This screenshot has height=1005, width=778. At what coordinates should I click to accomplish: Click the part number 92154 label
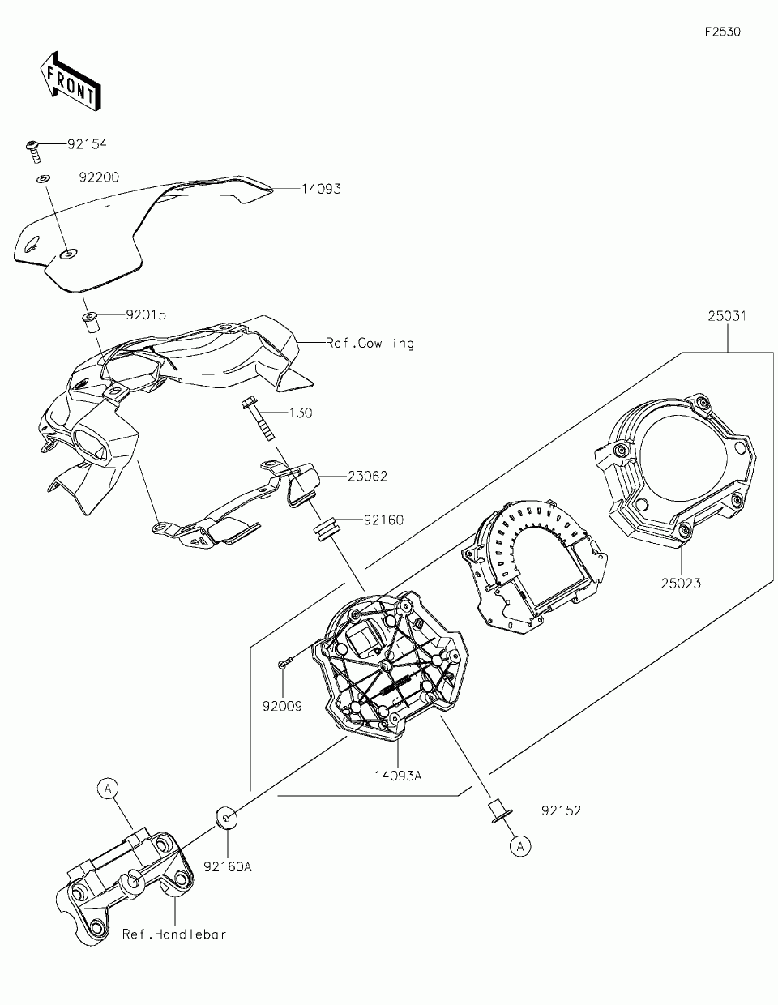pyautogui.click(x=87, y=144)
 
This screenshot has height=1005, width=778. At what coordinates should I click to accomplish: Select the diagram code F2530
pyautogui.click(x=722, y=32)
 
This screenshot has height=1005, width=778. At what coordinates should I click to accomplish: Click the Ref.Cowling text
pyautogui.click(x=370, y=343)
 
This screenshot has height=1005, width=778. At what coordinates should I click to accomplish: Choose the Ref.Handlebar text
pyautogui.click(x=174, y=934)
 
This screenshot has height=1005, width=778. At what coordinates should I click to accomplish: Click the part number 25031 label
pyautogui.click(x=726, y=315)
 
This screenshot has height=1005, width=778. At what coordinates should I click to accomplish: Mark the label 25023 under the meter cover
pyautogui.click(x=681, y=583)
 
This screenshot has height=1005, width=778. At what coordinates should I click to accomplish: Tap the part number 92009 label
pyautogui.click(x=282, y=706)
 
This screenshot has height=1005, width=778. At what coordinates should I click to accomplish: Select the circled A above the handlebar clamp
pyautogui.click(x=109, y=786)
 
